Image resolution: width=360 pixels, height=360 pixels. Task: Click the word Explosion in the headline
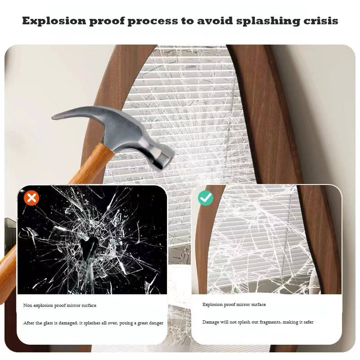54,21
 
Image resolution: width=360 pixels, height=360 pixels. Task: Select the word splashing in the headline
268,21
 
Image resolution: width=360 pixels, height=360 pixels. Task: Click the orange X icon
31,198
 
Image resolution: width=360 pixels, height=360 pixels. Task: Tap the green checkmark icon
206,198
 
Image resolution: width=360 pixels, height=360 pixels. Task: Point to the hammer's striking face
165,161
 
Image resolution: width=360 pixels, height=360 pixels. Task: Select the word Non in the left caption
28,306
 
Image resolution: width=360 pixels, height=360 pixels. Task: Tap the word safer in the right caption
308,322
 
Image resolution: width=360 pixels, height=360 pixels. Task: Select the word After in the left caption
29,323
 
